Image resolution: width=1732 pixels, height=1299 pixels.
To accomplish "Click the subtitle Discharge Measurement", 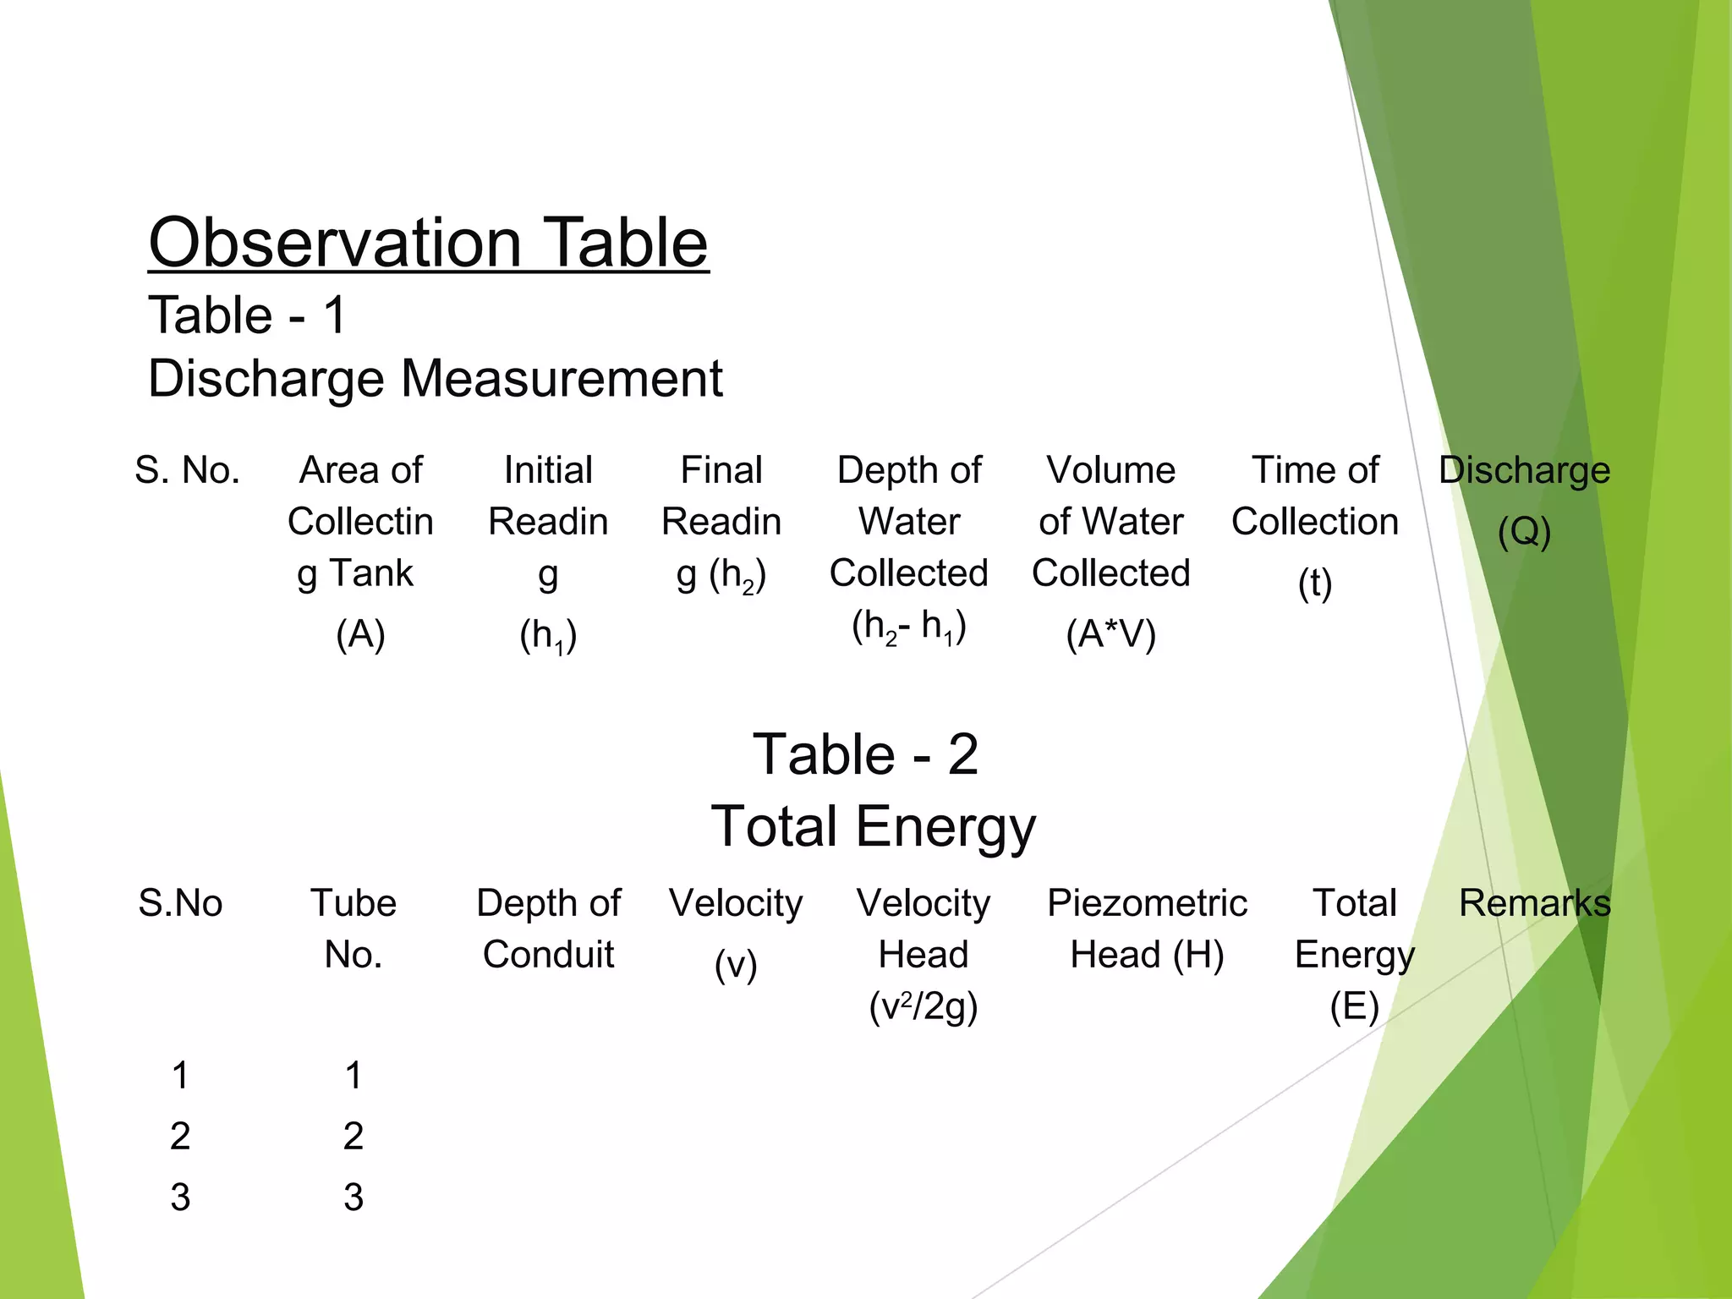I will pos(435,378).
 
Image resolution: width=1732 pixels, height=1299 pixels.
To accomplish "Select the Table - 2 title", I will pos(865,754).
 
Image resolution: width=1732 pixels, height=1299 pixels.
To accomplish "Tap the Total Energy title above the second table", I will pos(873,826).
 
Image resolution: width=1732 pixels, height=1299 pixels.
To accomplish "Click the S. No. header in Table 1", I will pos(187,470).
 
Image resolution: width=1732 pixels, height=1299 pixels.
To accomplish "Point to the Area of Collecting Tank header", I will pos(360,522).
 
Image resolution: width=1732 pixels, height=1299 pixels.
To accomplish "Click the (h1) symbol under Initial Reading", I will pos(548,636).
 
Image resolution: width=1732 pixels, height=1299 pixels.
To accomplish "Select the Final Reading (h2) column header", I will pos(721,522).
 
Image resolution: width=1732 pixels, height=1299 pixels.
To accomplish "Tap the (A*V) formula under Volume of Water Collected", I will pos(1110,634).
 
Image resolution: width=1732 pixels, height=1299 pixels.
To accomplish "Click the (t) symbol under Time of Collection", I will pos(1315,584).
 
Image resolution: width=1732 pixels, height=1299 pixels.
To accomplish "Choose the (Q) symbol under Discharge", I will pos(1524,532).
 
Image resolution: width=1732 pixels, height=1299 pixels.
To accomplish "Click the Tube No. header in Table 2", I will pos(354,929).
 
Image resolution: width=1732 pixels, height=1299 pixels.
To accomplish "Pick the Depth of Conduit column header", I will pos(548,929).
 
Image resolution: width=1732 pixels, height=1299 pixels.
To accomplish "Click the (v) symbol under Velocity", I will pos(736,965).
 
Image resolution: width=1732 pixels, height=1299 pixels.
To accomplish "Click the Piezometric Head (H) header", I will pos(1147,929).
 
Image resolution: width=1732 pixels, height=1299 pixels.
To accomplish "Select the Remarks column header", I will pos(1534,903).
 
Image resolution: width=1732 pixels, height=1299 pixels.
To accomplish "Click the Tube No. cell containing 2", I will pos(354,1136).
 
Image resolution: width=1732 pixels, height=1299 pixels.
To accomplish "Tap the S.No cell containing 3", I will pos(180,1198).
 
